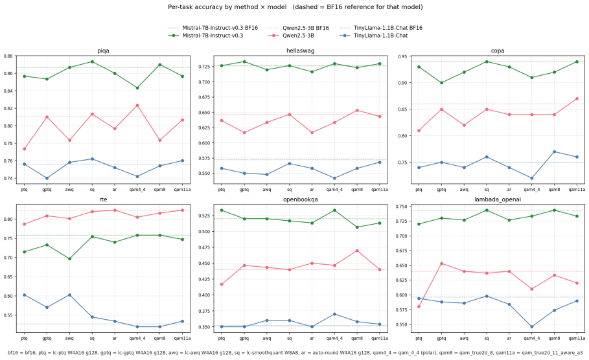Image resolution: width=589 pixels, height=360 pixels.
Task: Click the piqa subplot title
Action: (x=103, y=51)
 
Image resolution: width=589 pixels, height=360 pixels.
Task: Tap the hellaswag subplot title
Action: (x=300, y=51)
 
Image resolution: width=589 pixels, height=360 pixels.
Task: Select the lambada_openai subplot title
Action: (x=498, y=199)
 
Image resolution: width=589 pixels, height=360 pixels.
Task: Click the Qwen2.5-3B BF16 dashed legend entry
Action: (x=299, y=28)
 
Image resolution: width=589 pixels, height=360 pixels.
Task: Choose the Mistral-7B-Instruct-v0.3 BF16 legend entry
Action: (x=213, y=28)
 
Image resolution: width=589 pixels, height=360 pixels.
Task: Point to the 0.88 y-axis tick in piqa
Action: (x=8, y=56)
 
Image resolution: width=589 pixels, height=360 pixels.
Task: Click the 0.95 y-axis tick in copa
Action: (x=402, y=57)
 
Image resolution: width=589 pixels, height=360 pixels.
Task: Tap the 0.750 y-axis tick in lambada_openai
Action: (x=402, y=207)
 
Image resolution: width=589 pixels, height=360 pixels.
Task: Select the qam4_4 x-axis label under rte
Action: (x=137, y=338)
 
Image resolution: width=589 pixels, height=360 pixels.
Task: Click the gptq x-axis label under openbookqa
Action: (x=244, y=338)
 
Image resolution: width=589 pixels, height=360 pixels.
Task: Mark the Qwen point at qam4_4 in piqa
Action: (x=137, y=106)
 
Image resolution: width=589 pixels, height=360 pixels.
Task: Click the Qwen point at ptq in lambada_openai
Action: (x=419, y=307)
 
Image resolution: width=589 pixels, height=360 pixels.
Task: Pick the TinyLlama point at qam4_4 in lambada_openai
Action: (x=531, y=326)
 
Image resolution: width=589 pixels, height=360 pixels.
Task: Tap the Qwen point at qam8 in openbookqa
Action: (x=357, y=251)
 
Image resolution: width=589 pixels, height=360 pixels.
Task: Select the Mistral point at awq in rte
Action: (x=69, y=258)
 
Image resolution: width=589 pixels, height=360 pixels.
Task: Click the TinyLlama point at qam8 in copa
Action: (x=554, y=152)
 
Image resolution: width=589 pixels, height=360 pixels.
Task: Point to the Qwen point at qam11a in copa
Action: (x=577, y=98)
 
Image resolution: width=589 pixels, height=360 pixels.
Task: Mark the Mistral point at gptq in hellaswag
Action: (x=244, y=62)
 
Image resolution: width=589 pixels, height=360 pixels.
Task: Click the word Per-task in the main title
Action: (x=179, y=7)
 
